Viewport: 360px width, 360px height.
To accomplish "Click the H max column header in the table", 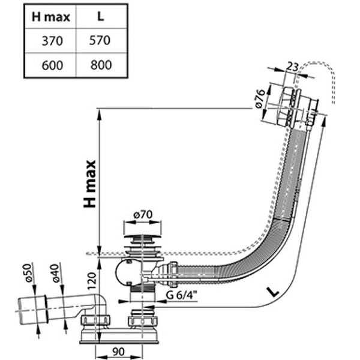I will coord(50,17).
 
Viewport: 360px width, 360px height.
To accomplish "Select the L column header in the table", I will coord(101,17).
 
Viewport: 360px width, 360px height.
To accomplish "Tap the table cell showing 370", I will coord(50,40).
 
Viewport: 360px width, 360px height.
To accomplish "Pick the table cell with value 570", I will coord(101,40).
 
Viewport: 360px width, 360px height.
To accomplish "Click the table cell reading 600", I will coord(50,64).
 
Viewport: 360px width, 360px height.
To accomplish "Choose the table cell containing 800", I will coord(101,64).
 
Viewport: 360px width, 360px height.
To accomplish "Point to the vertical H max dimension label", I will coord(89,183).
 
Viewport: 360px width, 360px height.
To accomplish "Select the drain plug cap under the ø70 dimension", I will coord(142,240).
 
